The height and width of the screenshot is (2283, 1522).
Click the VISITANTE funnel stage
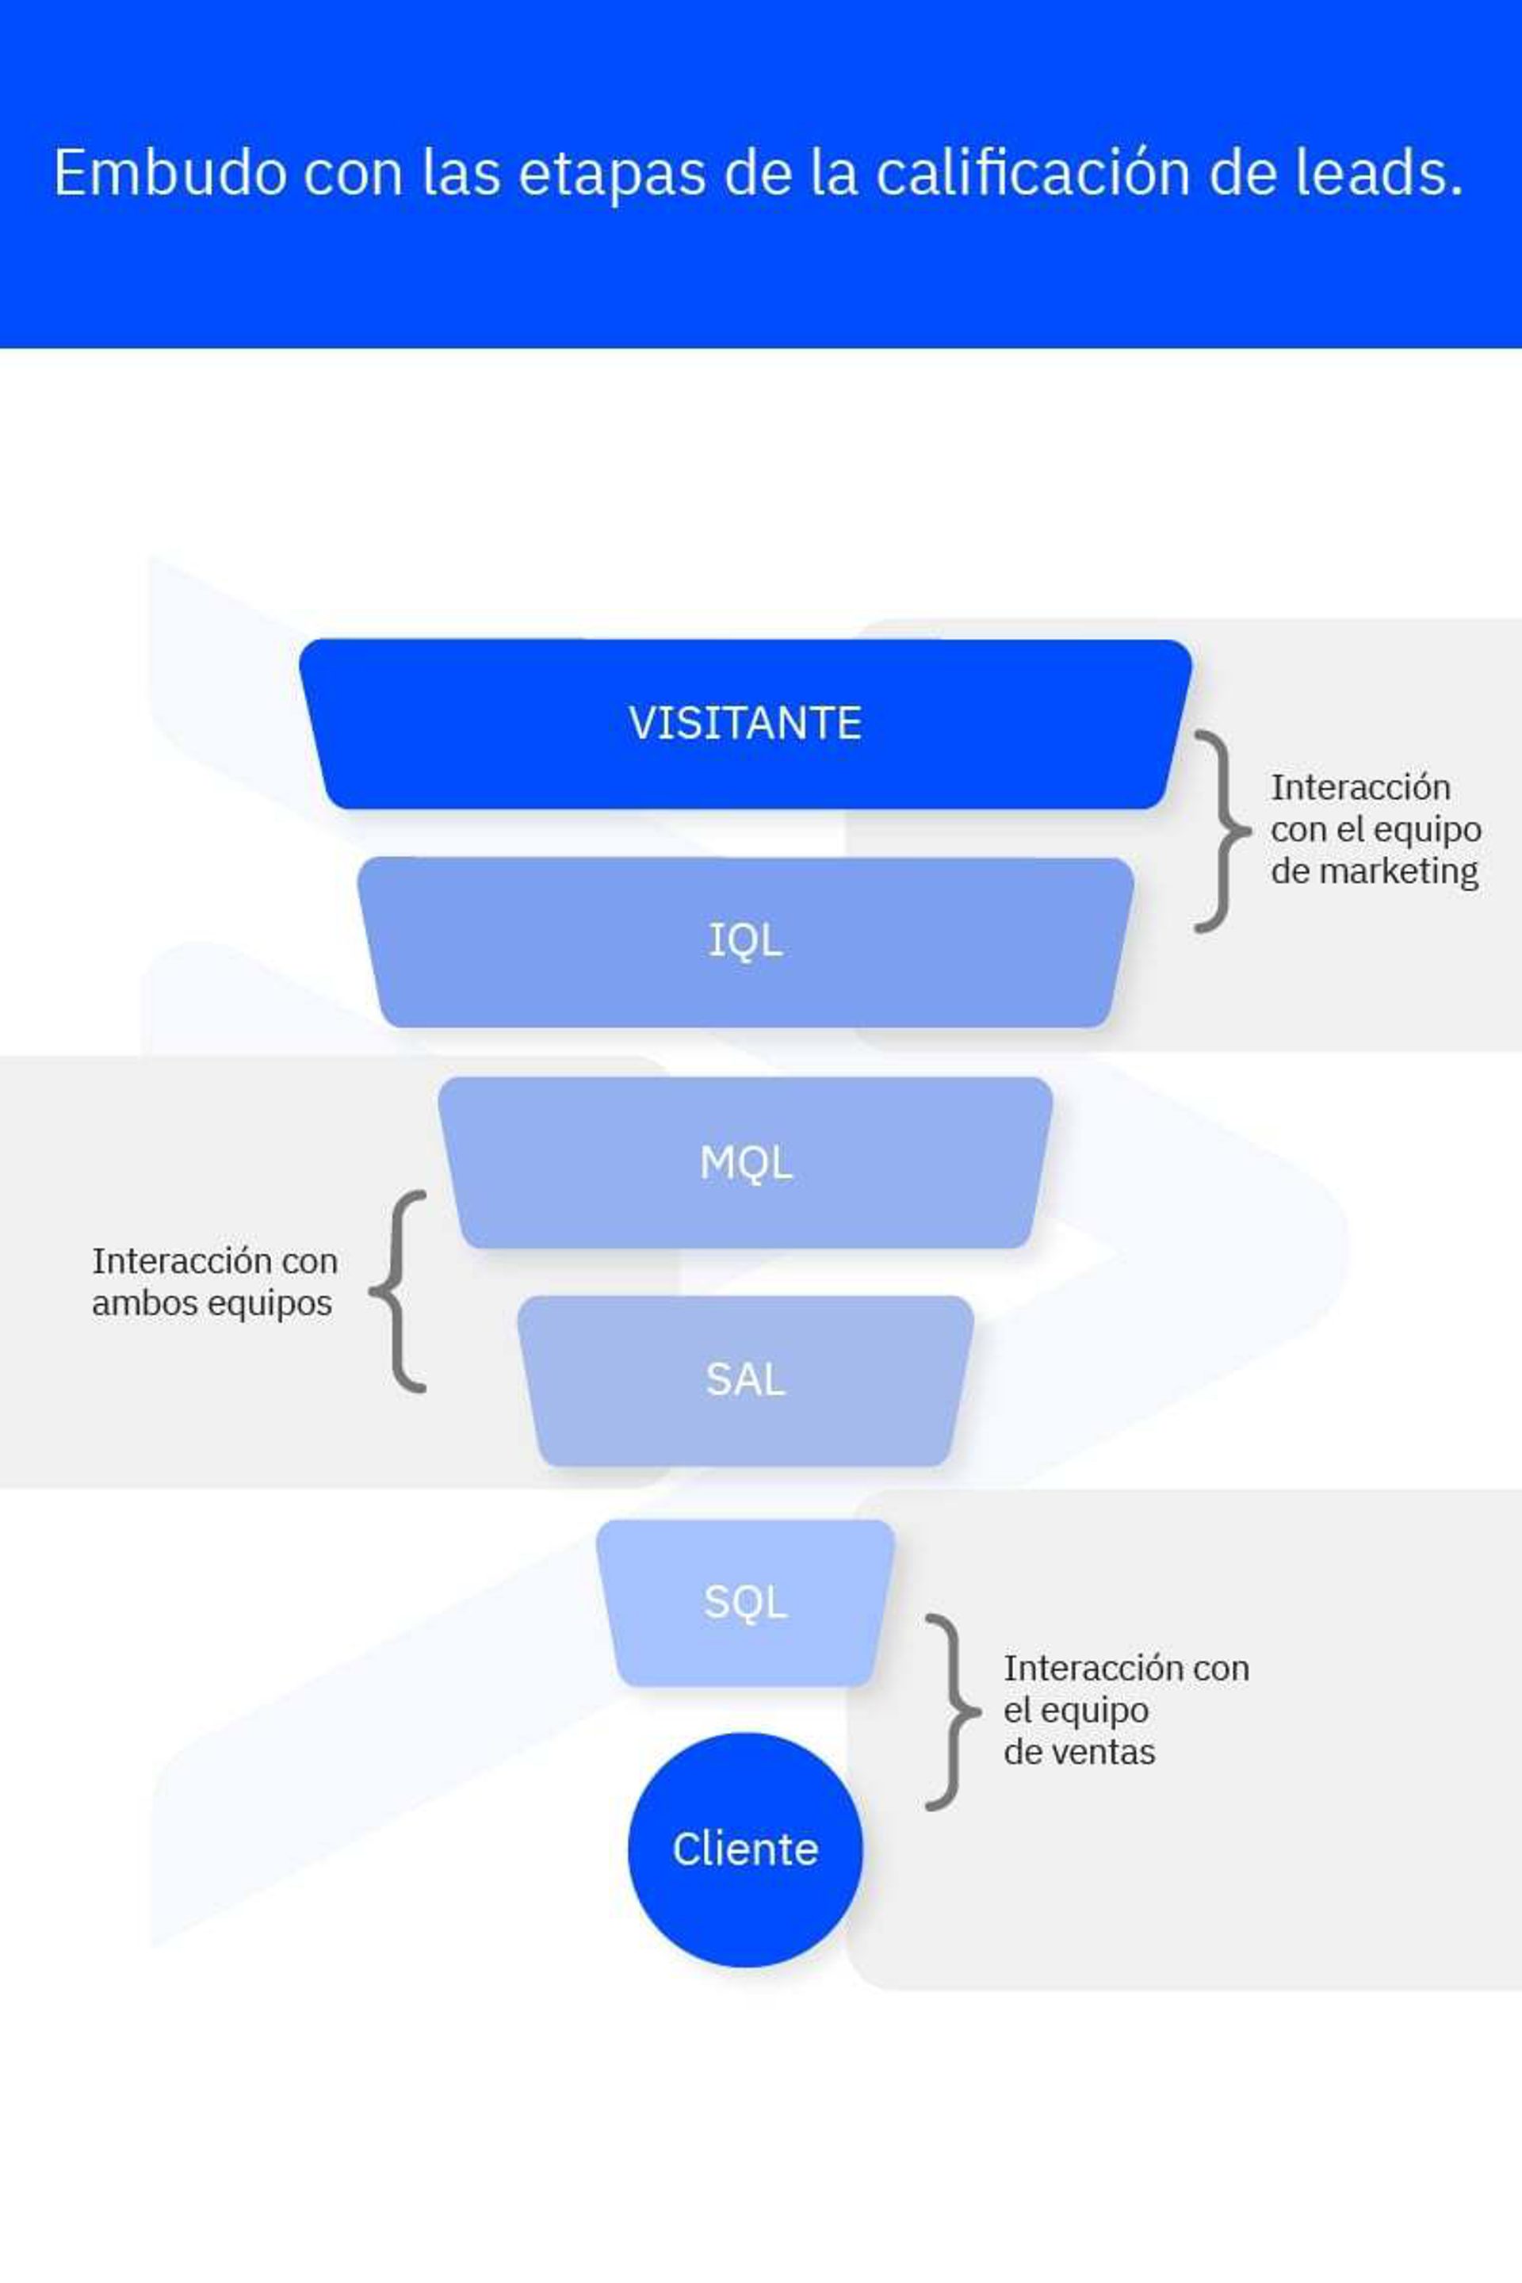[x=745, y=723]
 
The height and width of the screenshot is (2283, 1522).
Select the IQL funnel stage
[x=745, y=941]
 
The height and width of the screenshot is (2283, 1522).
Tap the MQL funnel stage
[x=745, y=1162]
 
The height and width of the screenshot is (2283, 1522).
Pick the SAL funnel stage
[x=745, y=1379]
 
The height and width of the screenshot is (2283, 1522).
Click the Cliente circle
[x=745, y=1849]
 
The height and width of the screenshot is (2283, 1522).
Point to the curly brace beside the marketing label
[x=1220, y=831]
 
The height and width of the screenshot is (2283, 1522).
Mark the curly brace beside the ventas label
[x=951, y=1712]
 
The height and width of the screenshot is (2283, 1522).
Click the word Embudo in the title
[x=171, y=173]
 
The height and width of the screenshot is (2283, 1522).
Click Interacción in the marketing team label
[x=1361, y=787]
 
